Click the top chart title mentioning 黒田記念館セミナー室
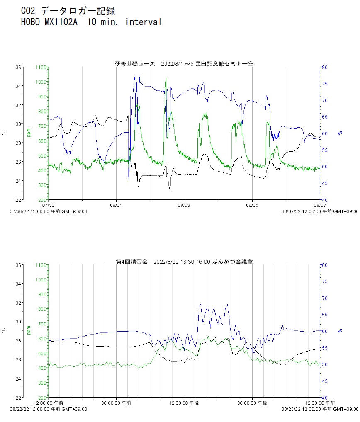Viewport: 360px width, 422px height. pyautogui.click(x=184, y=64)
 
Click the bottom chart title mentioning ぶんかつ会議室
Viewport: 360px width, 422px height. pyautogui.click(x=184, y=262)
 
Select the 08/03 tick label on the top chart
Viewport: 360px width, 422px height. pyautogui.click(x=184, y=205)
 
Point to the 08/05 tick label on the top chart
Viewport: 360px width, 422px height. pyautogui.click(x=252, y=205)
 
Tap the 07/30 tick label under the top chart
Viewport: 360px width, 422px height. pyautogui.click(x=49, y=205)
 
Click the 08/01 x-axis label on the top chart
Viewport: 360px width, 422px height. pyautogui.click(x=116, y=205)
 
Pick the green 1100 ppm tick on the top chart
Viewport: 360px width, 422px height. pyautogui.click(x=41, y=67)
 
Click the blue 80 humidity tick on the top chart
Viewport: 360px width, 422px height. pyautogui.click(x=326, y=67)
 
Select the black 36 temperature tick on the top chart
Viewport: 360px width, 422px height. pyautogui.click(x=19, y=67)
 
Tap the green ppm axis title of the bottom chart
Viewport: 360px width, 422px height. pyautogui.click(x=29, y=330)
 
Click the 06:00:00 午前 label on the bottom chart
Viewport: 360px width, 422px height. pyautogui.click(x=117, y=403)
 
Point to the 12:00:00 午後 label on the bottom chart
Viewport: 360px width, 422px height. pyautogui.click(x=184, y=403)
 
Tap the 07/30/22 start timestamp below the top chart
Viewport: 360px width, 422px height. pyautogui.click(x=49, y=211)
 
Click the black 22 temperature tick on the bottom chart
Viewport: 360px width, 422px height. pyautogui.click(x=19, y=398)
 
